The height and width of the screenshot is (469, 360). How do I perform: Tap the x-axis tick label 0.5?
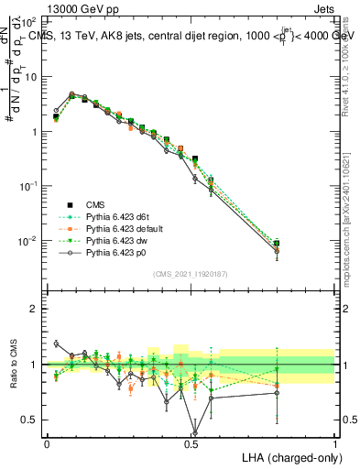coord(191,442)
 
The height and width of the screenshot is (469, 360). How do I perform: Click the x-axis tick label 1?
coord(335,442)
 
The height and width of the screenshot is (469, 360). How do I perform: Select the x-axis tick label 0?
coord(47,442)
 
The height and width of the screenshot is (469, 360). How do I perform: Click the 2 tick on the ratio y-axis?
coord(34,309)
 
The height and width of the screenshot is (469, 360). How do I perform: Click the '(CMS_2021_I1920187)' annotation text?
coord(190,274)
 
